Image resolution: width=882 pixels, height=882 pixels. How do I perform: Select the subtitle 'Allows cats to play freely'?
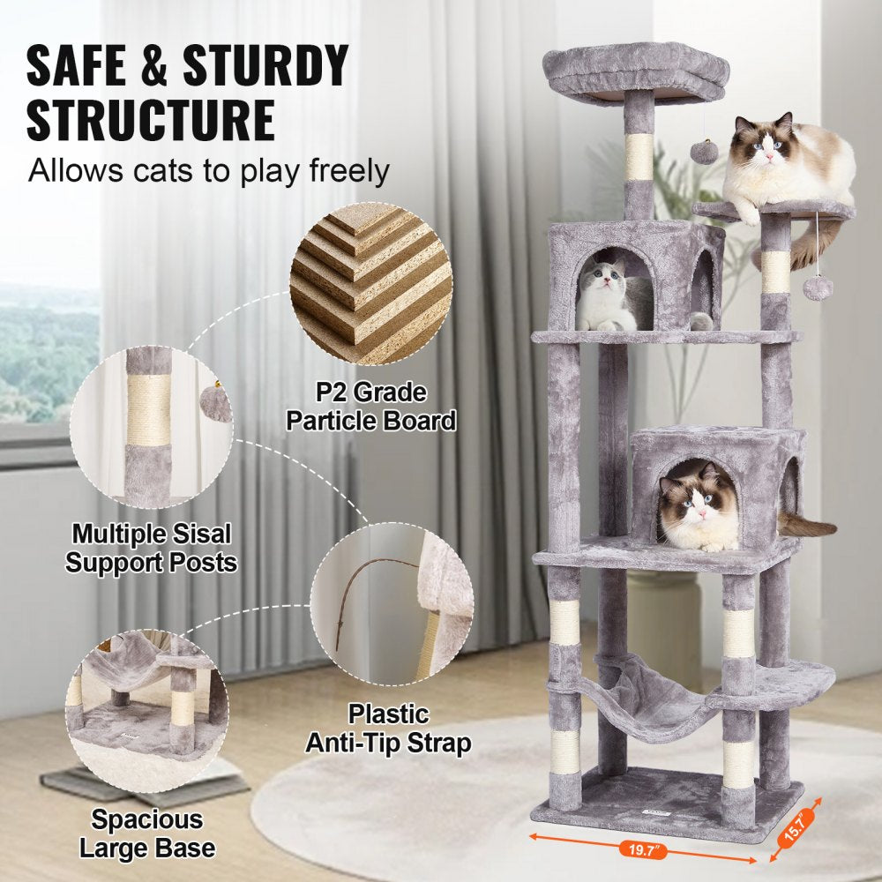208,170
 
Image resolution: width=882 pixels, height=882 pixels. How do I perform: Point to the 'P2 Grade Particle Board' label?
370,407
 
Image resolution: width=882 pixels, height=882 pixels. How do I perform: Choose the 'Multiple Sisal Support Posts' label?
152,548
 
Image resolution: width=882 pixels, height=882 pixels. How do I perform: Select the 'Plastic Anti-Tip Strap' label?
388,728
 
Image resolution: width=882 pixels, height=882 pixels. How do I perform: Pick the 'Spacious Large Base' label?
147,833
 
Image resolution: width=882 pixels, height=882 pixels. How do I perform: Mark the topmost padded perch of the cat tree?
636,66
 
